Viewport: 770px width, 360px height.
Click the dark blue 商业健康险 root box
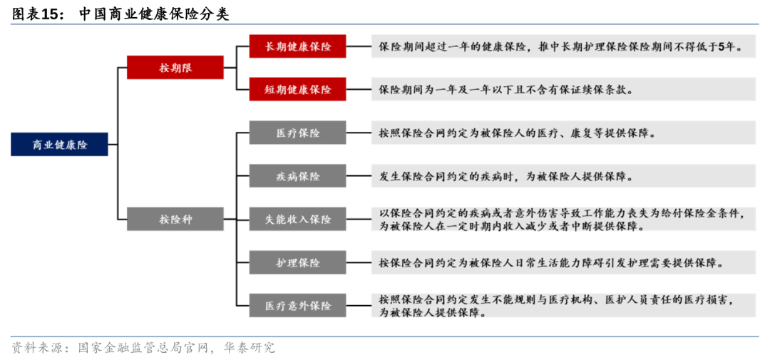tap(60, 144)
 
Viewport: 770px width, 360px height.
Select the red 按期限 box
tap(175, 68)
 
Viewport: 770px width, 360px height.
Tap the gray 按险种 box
tap(175, 219)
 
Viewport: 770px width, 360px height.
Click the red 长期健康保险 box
tap(298, 46)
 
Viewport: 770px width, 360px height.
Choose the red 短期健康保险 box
tap(298, 89)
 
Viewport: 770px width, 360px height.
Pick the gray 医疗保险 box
tap(298, 133)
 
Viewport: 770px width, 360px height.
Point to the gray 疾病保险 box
tap(298, 175)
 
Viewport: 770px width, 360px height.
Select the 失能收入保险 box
tap(298, 219)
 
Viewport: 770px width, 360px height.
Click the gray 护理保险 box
tap(298, 262)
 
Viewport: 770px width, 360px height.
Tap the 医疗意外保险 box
tap(298, 305)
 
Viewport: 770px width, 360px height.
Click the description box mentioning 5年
tap(563, 46)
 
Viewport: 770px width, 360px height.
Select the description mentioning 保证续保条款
tap(563, 89)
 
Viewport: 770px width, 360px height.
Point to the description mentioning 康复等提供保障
tap(563, 133)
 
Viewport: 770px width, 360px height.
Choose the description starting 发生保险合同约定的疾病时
tap(563, 175)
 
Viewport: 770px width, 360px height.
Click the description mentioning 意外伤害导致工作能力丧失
tap(563, 219)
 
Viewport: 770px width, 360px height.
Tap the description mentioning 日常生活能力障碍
tap(563, 262)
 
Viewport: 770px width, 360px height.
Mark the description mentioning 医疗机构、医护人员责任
tap(563, 305)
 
